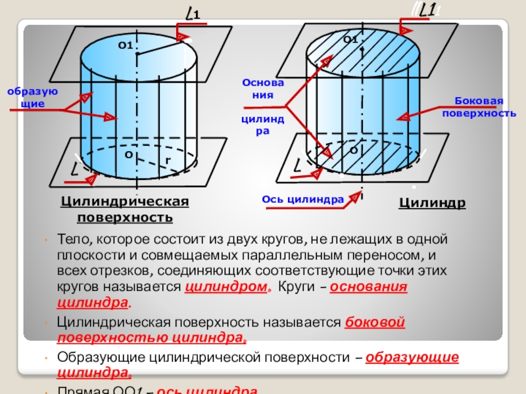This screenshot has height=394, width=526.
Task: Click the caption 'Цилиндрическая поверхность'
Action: tap(125, 209)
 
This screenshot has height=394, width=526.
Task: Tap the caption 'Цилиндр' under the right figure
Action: tap(432, 203)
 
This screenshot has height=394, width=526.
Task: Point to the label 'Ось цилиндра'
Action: tap(303, 199)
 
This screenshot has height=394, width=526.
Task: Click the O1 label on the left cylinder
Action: tap(126, 45)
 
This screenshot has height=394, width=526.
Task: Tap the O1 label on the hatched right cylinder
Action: tap(350, 40)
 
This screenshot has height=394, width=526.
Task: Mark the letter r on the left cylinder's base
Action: tap(168, 160)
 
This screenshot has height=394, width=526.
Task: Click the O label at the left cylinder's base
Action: tap(128, 155)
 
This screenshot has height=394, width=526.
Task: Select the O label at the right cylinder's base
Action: tap(353, 150)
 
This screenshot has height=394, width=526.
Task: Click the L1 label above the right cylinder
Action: tap(428, 11)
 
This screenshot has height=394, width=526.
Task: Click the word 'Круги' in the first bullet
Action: tap(295, 288)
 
